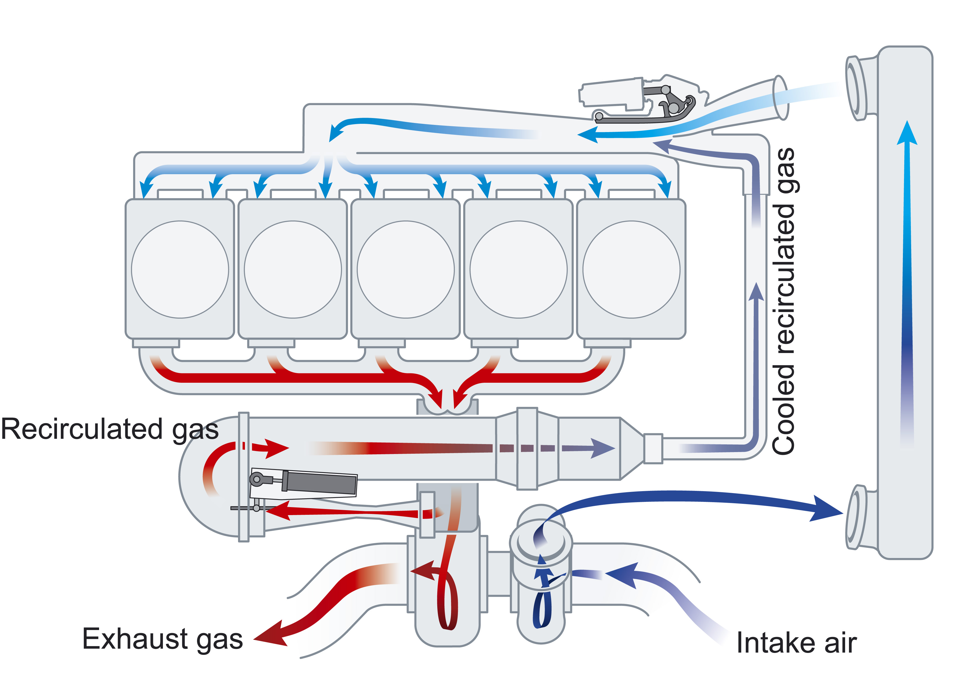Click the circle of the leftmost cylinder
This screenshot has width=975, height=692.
[x=180, y=269]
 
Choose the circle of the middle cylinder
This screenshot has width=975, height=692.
[x=406, y=269]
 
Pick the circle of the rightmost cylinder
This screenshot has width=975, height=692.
[x=631, y=269]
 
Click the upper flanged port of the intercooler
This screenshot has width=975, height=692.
[x=856, y=89]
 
